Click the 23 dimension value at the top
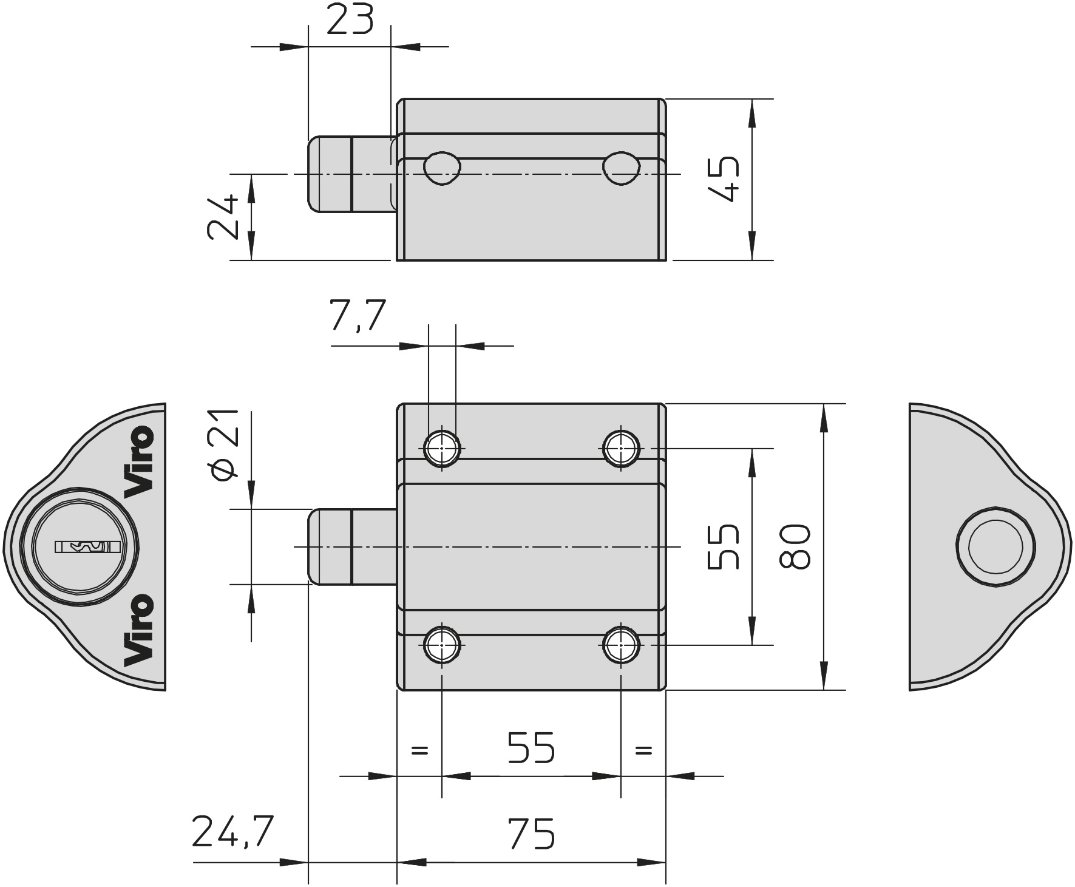349,19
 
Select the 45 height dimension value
724,179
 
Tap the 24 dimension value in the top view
222,217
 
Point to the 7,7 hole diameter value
358,315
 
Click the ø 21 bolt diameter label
223,444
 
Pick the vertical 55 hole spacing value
724,546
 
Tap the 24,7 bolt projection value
233,831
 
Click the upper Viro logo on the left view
139,462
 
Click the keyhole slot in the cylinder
87,547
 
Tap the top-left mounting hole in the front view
442,449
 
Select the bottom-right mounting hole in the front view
621,644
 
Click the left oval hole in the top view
442,168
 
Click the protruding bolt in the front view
352,546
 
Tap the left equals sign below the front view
419,750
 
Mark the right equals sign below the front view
643,750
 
